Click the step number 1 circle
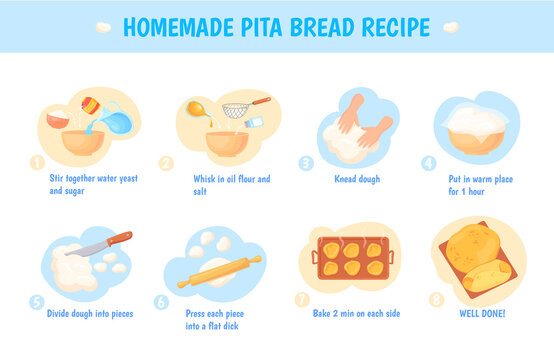coord(38,162)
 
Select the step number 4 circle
coord(429,162)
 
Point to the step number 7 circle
coord(301,298)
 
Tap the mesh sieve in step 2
coord(238,109)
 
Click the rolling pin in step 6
coord(219,271)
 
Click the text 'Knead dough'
coord(355,179)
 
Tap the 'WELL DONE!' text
coord(481,313)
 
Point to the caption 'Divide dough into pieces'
coord(90,313)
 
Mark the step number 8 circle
coord(437,298)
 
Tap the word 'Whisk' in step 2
coord(203,179)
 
